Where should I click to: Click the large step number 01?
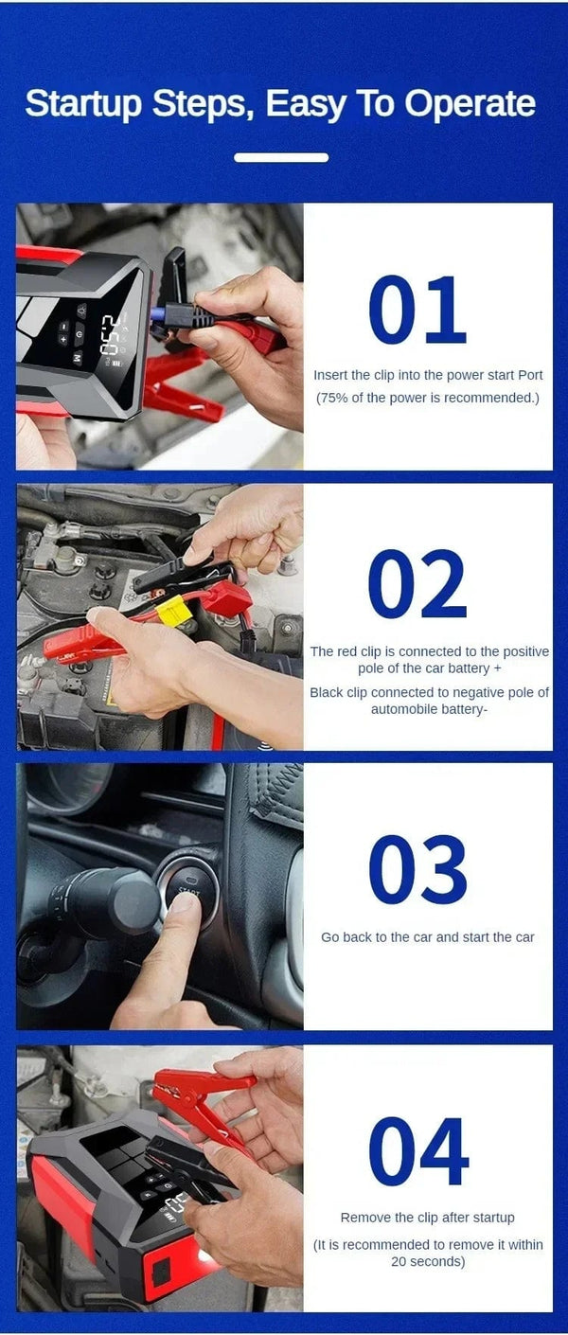coord(417,311)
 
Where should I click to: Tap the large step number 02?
coord(417,584)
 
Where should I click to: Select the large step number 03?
coord(417,870)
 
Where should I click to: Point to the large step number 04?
coord(417,1151)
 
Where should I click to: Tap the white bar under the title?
coord(281,157)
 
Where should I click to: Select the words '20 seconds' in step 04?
coord(428,1261)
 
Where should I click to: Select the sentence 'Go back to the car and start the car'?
coord(427,936)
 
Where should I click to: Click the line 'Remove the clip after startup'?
coord(427,1218)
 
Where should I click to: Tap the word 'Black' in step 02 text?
coord(327,692)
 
